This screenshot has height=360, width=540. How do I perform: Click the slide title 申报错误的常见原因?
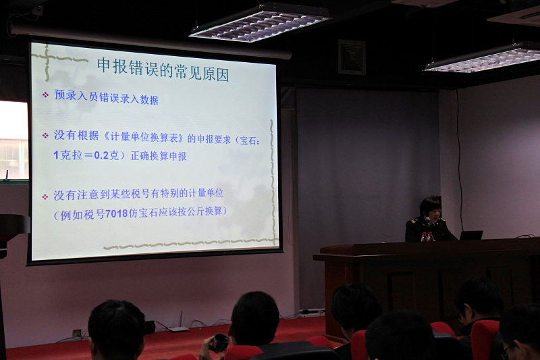(163, 69)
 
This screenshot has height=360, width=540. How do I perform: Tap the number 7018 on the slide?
(116, 213)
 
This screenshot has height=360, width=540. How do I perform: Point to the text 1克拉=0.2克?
(86, 155)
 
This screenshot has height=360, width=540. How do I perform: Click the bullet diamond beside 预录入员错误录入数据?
(45, 95)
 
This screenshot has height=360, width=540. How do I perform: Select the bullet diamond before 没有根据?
(45, 136)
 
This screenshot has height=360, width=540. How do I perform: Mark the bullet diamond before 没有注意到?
(45, 197)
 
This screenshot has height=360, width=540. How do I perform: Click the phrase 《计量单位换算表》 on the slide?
(144, 137)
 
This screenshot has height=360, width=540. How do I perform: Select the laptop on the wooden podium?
(471, 235)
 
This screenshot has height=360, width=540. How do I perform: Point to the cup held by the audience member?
(221, 342)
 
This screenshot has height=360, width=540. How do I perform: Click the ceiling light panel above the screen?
(260, 22)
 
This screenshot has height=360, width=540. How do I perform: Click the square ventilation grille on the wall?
(351, 57)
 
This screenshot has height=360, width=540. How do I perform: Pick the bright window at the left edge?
(13, 140)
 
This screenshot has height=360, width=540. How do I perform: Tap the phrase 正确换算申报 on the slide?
(159, 156)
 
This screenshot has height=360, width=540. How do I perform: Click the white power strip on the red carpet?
(312, 313)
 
